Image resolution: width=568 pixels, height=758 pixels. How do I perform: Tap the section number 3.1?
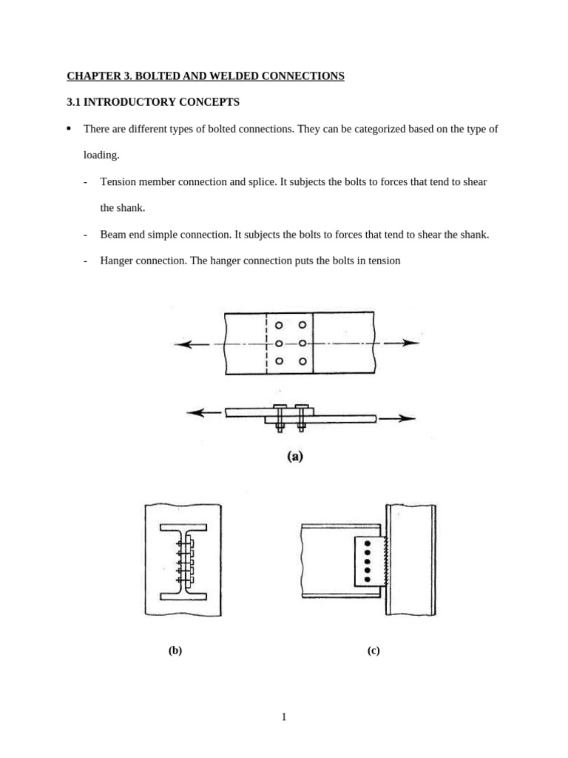click(74, 102)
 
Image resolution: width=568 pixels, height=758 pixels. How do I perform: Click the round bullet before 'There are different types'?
click(69, 128)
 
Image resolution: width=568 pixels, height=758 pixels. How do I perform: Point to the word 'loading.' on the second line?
click(101, 155)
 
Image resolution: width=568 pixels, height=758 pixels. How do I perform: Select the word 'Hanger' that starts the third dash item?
click(117, 261)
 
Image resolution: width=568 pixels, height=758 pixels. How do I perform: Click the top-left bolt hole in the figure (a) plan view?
click(279, 325)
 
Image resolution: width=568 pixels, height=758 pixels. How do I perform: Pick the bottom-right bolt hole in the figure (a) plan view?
click(302, 361)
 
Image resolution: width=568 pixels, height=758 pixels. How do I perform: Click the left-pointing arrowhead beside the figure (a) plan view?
click(182, 344)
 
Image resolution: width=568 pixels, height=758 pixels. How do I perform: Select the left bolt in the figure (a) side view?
click(280, 418)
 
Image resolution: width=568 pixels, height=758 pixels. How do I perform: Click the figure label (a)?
click(295, 457)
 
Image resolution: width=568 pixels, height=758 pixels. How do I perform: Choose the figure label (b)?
click(175, 651)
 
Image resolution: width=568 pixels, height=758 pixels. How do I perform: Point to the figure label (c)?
click(373, 651)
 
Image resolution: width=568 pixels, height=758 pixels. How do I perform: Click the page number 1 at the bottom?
click(284, 717)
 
